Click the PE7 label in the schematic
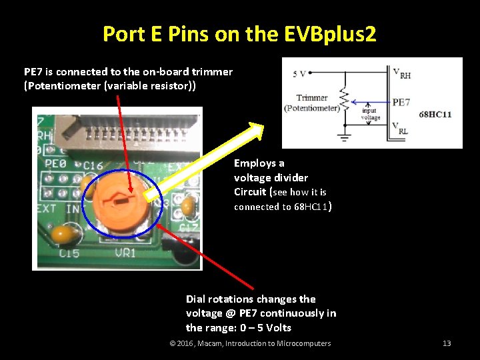[x=401, y=102]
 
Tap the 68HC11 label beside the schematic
[x=435, y=115]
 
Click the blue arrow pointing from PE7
[x=370, y=103]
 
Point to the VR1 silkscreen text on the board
[x=125, y=253]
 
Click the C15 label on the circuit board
[x=69, y=253]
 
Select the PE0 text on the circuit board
[x=56, y=163]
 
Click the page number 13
[x=447, y=343]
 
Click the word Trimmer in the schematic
[x=312, y=98]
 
